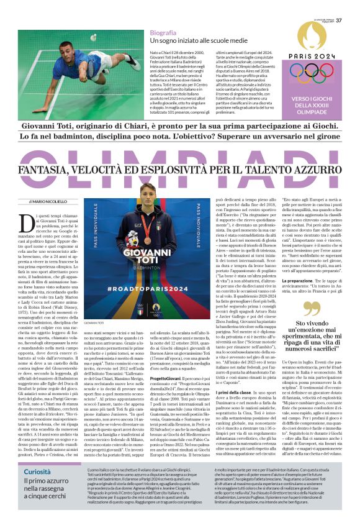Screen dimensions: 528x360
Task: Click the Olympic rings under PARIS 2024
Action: pyautogui.click(x=317, y=75)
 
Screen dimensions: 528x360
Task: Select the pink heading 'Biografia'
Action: pyautogui.click(x=163, y=32)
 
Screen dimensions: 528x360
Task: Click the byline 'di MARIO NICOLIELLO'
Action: pyautogui.click(x=47, y=202)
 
